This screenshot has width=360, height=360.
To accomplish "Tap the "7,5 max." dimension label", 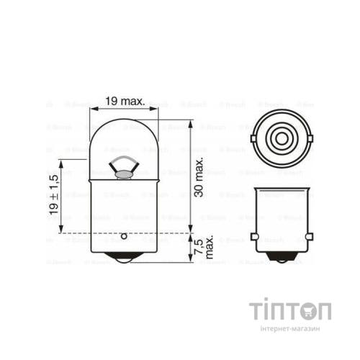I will pyautogui.click(x=204, y=248).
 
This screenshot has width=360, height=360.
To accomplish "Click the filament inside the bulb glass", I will pyautogui.click(x=123, y=167).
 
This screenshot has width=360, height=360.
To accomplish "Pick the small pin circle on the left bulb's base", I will pyautogui.click(x=123, y=235).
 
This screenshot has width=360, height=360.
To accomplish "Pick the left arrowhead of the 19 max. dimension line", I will pyautogui.click(x=92, y=109).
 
